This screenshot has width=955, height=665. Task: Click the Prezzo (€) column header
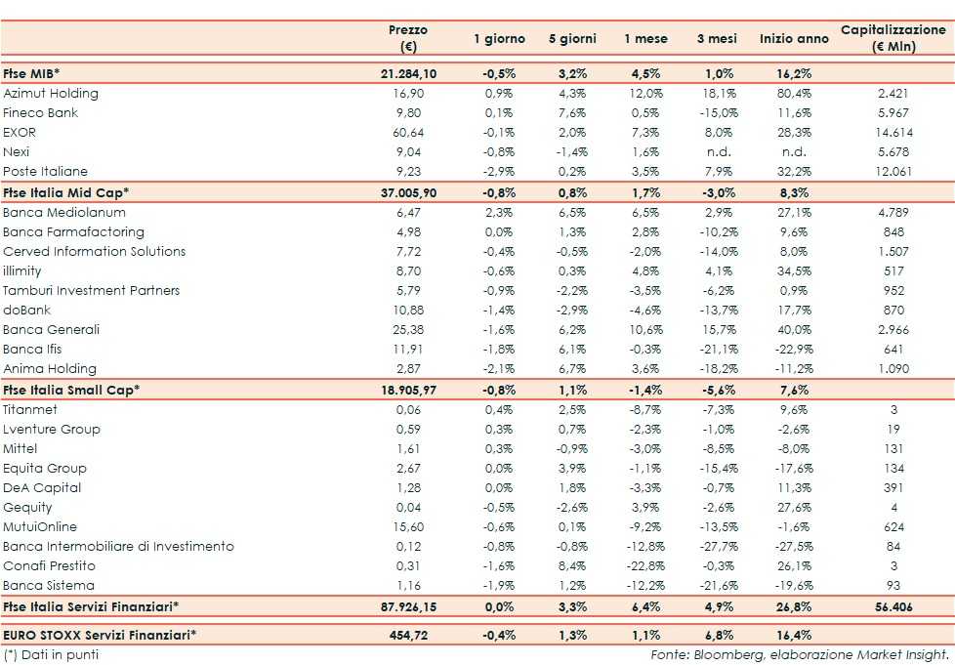coord(408,38)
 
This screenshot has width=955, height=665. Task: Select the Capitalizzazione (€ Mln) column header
coord(893,38)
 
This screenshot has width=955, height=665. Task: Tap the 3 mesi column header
coord(718,39)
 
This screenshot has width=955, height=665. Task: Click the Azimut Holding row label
coord(51,94)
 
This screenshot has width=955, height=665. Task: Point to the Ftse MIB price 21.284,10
coord(408,74)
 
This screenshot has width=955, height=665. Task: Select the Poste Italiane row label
coord(45,172)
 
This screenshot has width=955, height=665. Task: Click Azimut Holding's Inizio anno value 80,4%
coord(792,94)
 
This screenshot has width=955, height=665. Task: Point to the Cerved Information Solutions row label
coord(95,251)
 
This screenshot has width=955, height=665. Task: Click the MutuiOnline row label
coord(40,527)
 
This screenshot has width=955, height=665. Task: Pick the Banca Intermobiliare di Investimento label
coord(119,547)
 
